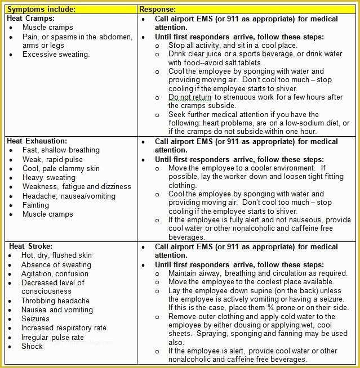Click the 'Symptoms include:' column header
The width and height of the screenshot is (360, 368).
click(x=41, y=10)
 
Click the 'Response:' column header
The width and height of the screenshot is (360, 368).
click(x=157, y=10)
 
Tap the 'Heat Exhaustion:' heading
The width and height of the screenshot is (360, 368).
click(x=37, y=141)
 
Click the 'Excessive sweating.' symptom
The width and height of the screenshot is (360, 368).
click(x=56, y=55)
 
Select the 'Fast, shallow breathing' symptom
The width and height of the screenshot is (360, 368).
click(x=61, y=150)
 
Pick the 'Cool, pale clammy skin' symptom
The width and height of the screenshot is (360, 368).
click(x=61, y=168)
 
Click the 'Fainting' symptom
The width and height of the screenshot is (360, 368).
click(x=35, y=205)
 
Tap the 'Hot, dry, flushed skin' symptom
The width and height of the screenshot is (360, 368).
click(x=56, y=255)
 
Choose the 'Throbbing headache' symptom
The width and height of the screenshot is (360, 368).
click(x=55, y=301)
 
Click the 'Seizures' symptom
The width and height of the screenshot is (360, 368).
click(x=35, y=319)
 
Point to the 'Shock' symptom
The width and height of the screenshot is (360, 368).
click(x=32, y=346)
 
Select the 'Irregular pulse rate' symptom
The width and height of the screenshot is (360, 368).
click(x=52, y=337)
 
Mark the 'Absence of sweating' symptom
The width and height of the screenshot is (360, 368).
click(x=56, y=264)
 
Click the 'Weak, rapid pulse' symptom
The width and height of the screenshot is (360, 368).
click(x=52, y=159)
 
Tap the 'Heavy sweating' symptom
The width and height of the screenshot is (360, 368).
click(x=49, y=177)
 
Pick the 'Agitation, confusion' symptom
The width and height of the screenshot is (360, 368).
click(x=55, y=273)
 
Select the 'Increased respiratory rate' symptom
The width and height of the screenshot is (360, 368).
click(x=64, y=328)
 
